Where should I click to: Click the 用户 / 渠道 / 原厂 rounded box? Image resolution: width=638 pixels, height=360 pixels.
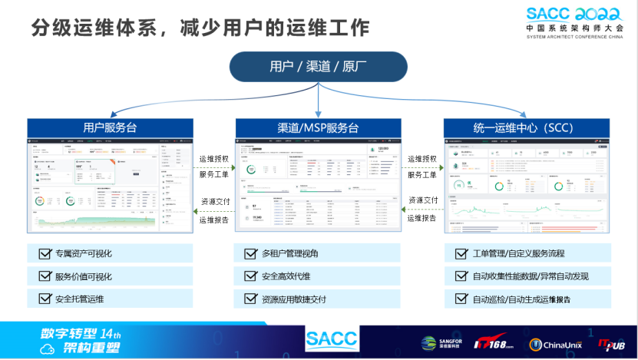tap(319, 66)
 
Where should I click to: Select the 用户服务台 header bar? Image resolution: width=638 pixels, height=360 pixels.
tap(110, 127)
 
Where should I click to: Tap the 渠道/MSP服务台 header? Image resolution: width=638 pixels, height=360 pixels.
tap(318, 127)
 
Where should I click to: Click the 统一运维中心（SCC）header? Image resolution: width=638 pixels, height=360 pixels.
tap(524, 127)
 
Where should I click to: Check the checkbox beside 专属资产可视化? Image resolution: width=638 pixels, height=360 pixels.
tap(42, 253)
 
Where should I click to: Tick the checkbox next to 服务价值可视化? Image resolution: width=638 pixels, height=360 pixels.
tap(42, 276)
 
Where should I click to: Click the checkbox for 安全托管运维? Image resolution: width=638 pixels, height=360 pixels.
tap(42, 299)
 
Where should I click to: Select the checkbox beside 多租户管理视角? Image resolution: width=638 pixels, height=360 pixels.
tap(250, 253)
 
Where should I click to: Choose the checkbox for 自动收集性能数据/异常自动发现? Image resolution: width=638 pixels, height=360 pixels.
tap(460, 276)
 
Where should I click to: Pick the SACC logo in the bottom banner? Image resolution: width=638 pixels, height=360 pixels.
tap(331, 339)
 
